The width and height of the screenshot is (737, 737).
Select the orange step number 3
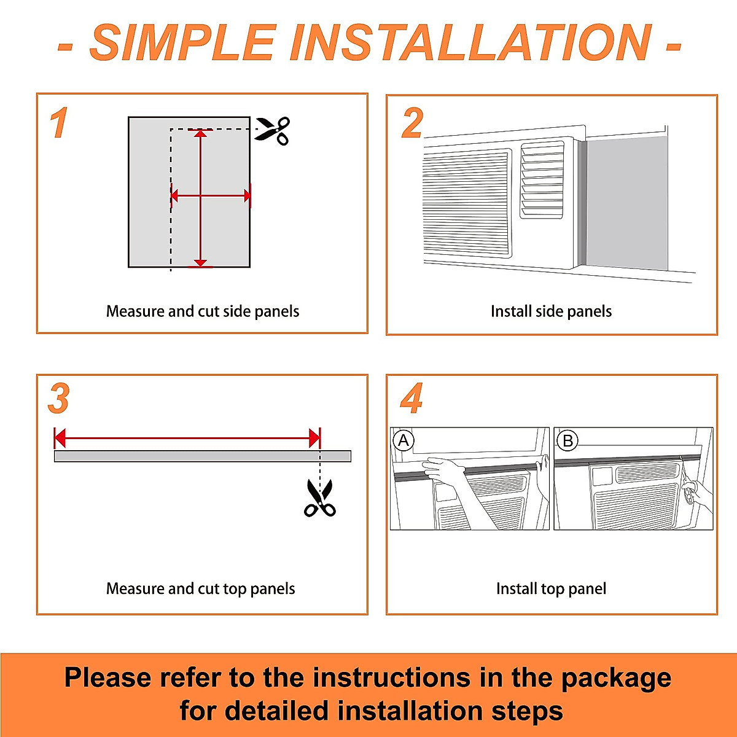[x=58, y=399]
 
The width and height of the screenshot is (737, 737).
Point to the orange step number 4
[x=411, y=399]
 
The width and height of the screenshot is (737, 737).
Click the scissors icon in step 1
[x=273, y=131]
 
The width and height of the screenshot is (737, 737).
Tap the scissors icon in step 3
[x=320, y=498]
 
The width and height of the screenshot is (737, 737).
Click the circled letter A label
[x=404, y=440]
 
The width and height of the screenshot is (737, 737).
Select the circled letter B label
[x=567, y=440]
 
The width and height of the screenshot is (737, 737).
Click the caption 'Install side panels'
[x=551, y=311]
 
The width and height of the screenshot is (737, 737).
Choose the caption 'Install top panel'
[x=551, y=588]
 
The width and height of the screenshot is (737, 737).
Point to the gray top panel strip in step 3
[x=203, y=456]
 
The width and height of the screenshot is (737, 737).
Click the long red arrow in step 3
[x=187, y=439]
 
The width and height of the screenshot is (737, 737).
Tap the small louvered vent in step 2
[x=542, y=181]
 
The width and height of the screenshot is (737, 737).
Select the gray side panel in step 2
[x=627, y=205]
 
